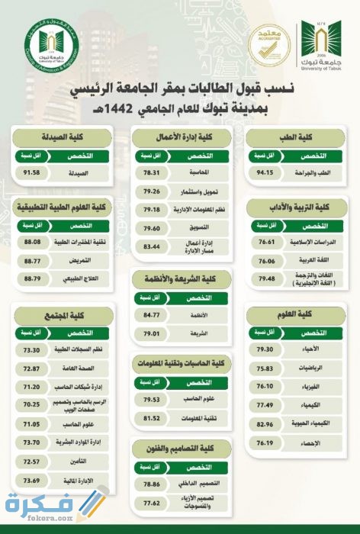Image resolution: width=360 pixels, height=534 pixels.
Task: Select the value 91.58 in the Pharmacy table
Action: click(x=32, y=172)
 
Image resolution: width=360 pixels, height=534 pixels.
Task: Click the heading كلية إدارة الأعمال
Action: click(x=181, y=138)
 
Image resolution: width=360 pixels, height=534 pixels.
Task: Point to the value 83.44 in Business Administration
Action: click(x=150, y=246)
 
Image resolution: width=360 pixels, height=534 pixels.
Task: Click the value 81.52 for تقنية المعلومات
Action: click(x=150, y=418)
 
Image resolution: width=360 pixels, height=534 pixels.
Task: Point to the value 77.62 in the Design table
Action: click(x=150, y=503)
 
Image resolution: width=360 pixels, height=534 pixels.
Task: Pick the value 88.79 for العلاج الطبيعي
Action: click(x=32, y=277)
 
